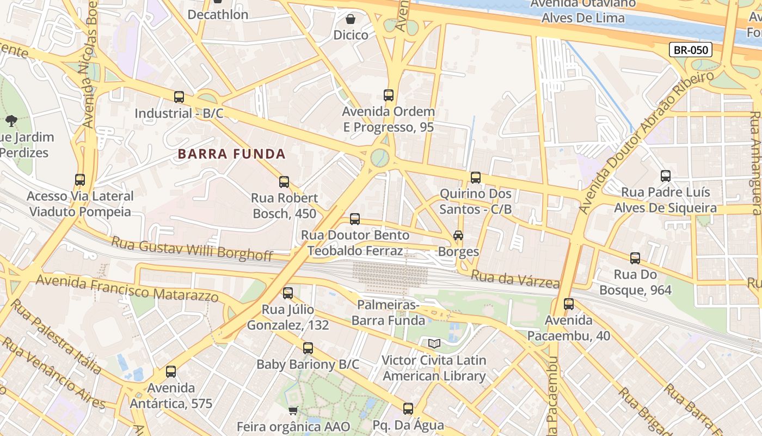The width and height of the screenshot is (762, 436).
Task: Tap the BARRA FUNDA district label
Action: pyautogui.click(x=232, y=154)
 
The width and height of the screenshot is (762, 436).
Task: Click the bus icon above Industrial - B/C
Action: pyautogui.click(x=179, y=98)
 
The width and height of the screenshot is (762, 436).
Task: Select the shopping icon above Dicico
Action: pyautogui.click(x=351, y=19)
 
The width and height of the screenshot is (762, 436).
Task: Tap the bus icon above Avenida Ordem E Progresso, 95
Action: pyautogui.click(x=388, y=95)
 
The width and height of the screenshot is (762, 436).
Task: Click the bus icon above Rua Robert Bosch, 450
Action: pyautogui.click(x=284, y=182)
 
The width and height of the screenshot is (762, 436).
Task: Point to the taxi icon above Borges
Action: pyautogui.click(x=458, y=235)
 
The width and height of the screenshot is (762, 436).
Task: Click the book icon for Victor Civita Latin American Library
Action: pyautogui.click(x=434, y=344)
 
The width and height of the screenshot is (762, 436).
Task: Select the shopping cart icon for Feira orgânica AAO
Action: pyautogui.click(x=293, y=410)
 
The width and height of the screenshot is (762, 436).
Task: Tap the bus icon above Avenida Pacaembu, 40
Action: pyautogui.click(x=569, y=304)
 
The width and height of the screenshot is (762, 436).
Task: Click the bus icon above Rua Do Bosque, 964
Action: pyautogui.click(x=635, y=258)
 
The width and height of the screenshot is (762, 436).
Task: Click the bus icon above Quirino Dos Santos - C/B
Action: pyautogui.click(x=476, y=178)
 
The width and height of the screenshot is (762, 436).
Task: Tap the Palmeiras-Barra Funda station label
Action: pyautogui.click(x=388, y=312)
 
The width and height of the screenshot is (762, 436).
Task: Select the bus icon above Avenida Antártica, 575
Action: pyautogui.click(x=171, y=372)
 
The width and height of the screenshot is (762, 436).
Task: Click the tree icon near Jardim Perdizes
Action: pyautogui.click(x=11, y=121)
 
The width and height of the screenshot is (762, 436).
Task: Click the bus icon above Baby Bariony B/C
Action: pyautogui.click(x=308, y=348)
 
